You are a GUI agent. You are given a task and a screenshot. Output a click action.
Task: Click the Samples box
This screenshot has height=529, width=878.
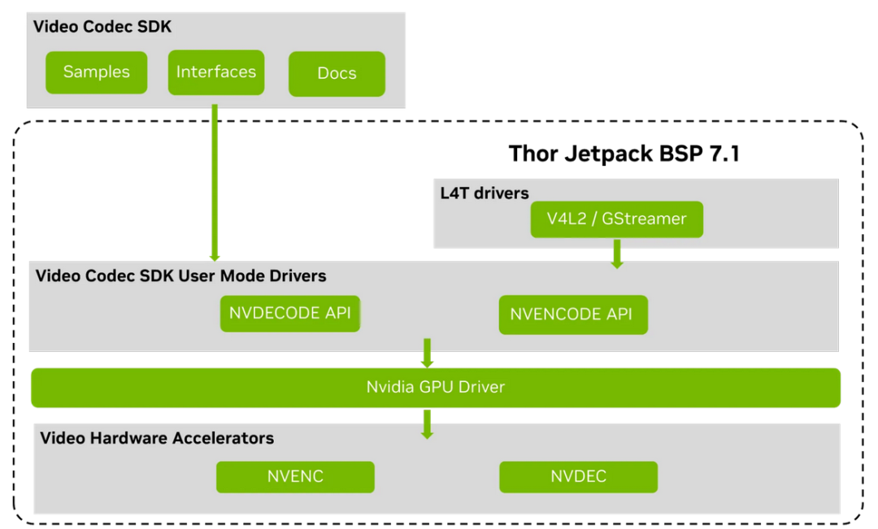tap(96, 72)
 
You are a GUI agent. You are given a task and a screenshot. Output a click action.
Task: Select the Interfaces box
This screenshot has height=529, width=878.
tap(216, 72)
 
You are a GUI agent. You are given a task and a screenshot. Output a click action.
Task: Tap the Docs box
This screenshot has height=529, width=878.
tap(337, 74)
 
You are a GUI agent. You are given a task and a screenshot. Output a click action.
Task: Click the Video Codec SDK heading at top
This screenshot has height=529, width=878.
tap(102, 27)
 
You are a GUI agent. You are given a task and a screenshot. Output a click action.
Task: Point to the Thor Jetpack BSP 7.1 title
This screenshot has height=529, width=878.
tap(624, 154)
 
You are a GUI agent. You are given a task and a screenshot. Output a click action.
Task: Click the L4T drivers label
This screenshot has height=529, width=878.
tap(484, 193)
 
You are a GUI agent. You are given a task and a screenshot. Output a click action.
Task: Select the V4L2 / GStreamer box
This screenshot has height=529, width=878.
tap(616, 219)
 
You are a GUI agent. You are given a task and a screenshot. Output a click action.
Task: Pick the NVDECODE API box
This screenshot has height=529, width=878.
tap(290, 313)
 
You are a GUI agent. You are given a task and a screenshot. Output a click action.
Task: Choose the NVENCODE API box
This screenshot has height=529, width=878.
tap(572, 314)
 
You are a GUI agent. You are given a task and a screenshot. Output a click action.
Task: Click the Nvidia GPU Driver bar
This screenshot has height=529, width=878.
tap(435, 387)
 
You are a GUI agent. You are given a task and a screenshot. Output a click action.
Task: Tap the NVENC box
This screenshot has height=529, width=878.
tap(295, 476)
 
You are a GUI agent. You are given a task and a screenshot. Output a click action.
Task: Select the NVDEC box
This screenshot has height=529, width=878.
tap(578, 476)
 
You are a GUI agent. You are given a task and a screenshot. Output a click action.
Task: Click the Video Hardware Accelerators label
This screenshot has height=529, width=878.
tap(157, 438)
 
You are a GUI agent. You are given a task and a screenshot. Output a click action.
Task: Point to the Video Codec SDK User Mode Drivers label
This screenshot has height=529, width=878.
tap(180, 276)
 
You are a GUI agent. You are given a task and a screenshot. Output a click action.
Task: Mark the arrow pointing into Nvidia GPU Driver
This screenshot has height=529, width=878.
tap(427, 352)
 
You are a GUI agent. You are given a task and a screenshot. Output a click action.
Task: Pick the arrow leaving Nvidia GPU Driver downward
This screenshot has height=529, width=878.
tap(427, 423)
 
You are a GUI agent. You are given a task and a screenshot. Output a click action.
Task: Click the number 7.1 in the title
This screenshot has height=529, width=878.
tap(721, 154)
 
